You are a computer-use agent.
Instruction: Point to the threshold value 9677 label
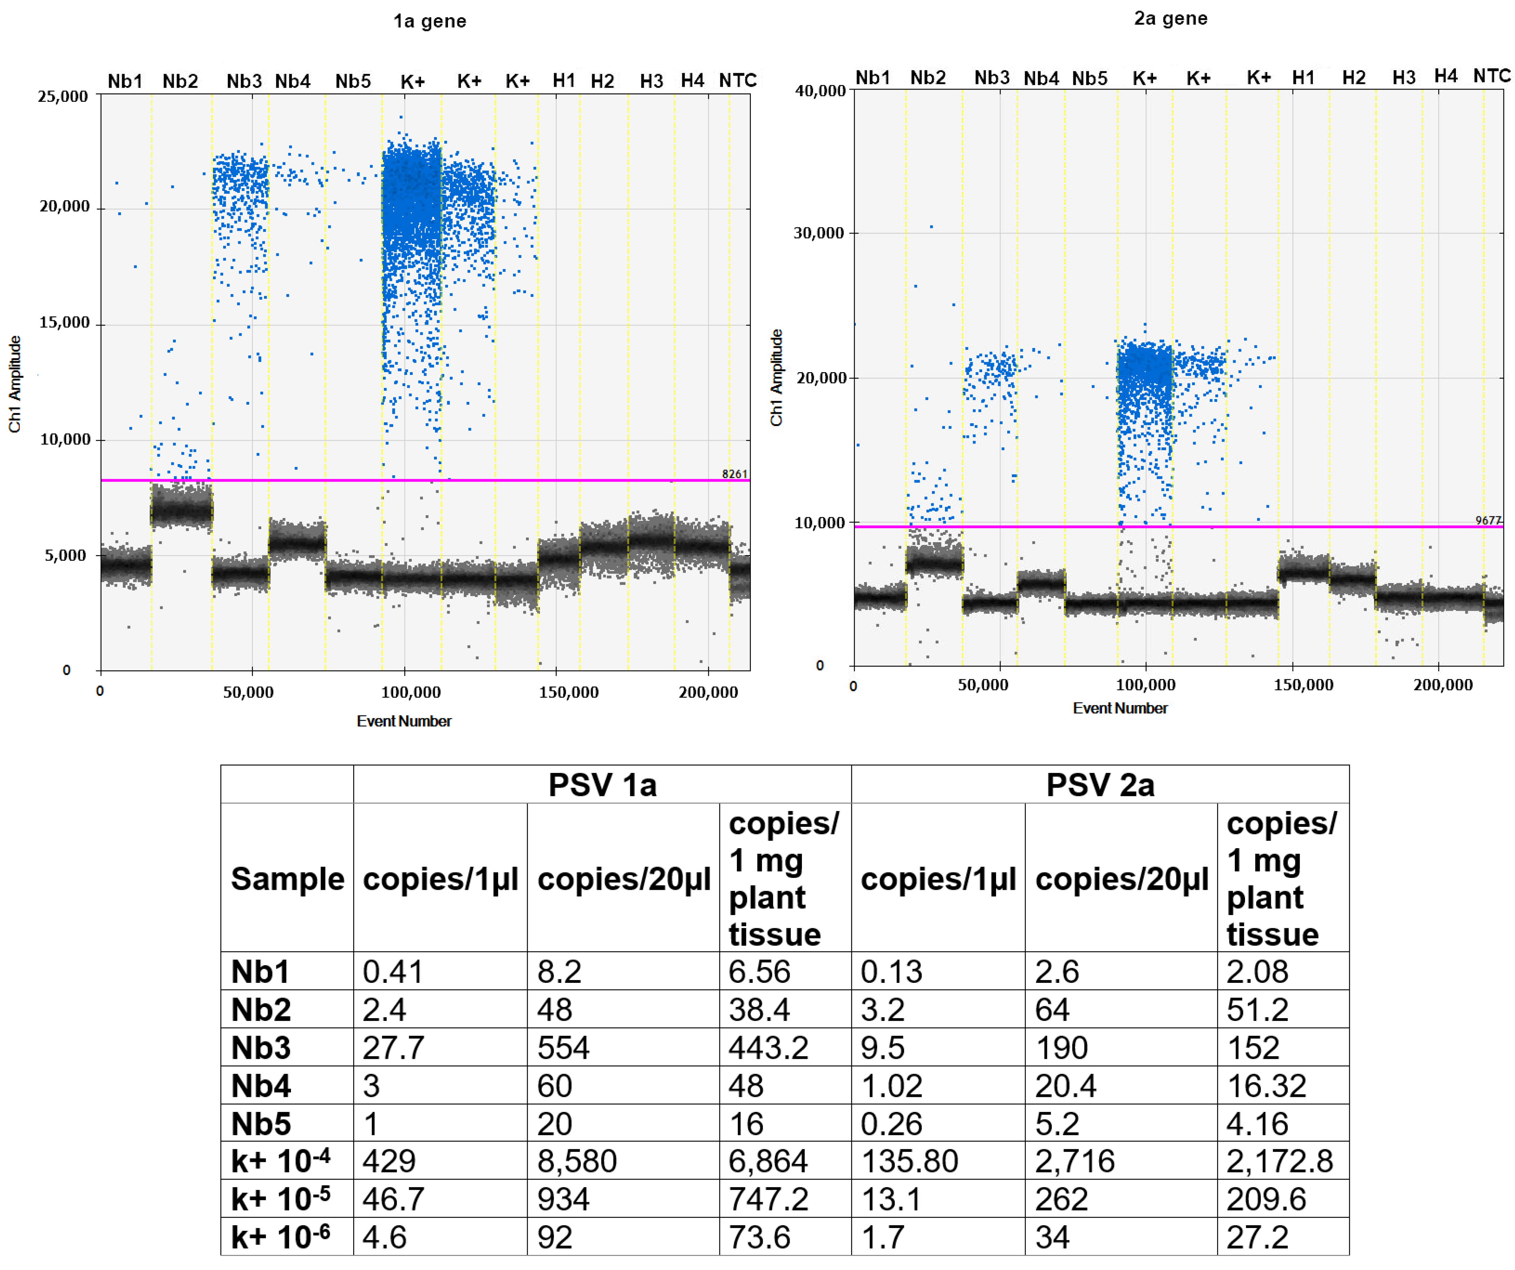1488,520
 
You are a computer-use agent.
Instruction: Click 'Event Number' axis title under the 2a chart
1120,708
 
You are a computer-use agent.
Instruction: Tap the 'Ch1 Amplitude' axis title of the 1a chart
14,384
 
